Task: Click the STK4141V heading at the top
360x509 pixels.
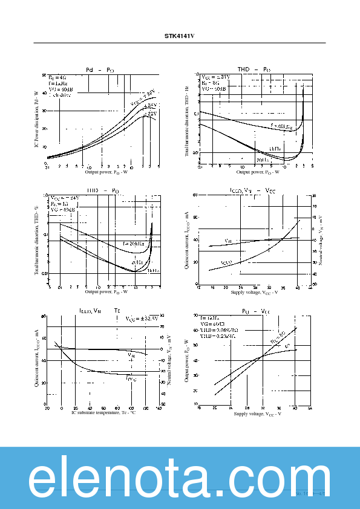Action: (x=180, y=36)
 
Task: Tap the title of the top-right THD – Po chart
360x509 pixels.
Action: (x=254, y=70)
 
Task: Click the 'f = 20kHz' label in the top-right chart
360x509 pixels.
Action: (x=281, y=127)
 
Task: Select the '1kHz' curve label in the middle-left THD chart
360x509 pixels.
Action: (x=153, y=271)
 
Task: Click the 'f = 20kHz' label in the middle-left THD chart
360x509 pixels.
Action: (x=134, y=244)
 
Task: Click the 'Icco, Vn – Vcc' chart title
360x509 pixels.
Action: (x=252, y=190)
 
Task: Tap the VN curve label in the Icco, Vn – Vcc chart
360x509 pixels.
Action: (x=228, y=241)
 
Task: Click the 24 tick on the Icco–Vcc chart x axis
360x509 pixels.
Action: (x=240, y=287)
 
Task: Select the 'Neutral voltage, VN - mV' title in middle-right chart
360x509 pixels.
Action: (x=321, y=239)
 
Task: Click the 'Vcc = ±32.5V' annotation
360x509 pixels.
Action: (x=142, y=318)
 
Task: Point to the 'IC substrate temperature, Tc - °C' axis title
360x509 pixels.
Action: (x=103, y=412)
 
